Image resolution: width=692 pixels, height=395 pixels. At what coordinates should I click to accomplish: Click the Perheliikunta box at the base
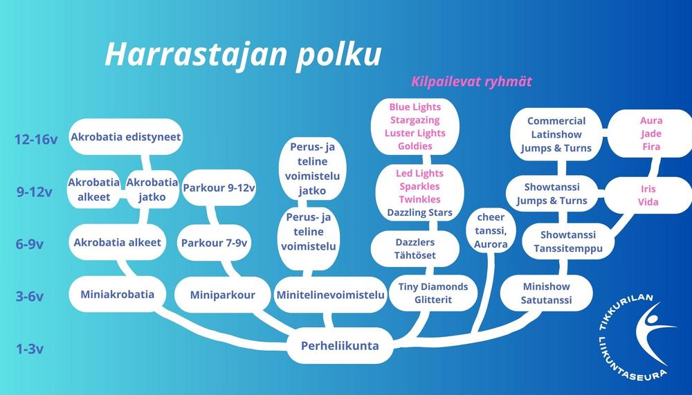[x=340, y=346]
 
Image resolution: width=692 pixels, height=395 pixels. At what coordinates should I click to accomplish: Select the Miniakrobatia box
[x=118, y=295]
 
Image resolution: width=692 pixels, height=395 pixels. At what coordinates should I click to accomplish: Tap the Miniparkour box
[x=222, y=295]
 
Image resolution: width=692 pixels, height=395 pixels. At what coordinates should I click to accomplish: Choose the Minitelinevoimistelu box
[x=330, y=295]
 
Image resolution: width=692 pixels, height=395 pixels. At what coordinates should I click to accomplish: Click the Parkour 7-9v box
[x=214, y=243]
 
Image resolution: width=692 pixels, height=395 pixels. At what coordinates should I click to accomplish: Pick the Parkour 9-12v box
[x=219, y=188]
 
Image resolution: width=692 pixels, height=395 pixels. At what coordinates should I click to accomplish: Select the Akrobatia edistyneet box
[x=126, y=137]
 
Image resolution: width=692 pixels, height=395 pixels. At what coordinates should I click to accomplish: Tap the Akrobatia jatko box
[x=152, y=190]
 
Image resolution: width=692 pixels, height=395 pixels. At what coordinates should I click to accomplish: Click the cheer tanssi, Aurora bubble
[x=491, y=231]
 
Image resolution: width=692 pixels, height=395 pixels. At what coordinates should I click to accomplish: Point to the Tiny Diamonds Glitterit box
[x=433, y=293]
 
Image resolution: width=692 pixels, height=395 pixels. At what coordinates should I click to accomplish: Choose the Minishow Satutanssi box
[x=547, y=293]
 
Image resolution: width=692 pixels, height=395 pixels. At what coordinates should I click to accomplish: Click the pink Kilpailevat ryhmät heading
[x=471, y=82]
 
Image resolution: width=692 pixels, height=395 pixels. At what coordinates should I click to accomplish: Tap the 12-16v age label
[x=36, y=140]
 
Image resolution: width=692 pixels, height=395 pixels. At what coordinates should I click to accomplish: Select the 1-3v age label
[x=30, y=349]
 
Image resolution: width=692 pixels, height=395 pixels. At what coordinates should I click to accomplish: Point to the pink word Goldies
[x=415, y=146]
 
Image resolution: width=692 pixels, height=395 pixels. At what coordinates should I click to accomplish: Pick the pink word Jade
[x=651, y=134]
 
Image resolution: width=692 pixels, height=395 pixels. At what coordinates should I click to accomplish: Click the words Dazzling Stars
[x=420, y=213]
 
